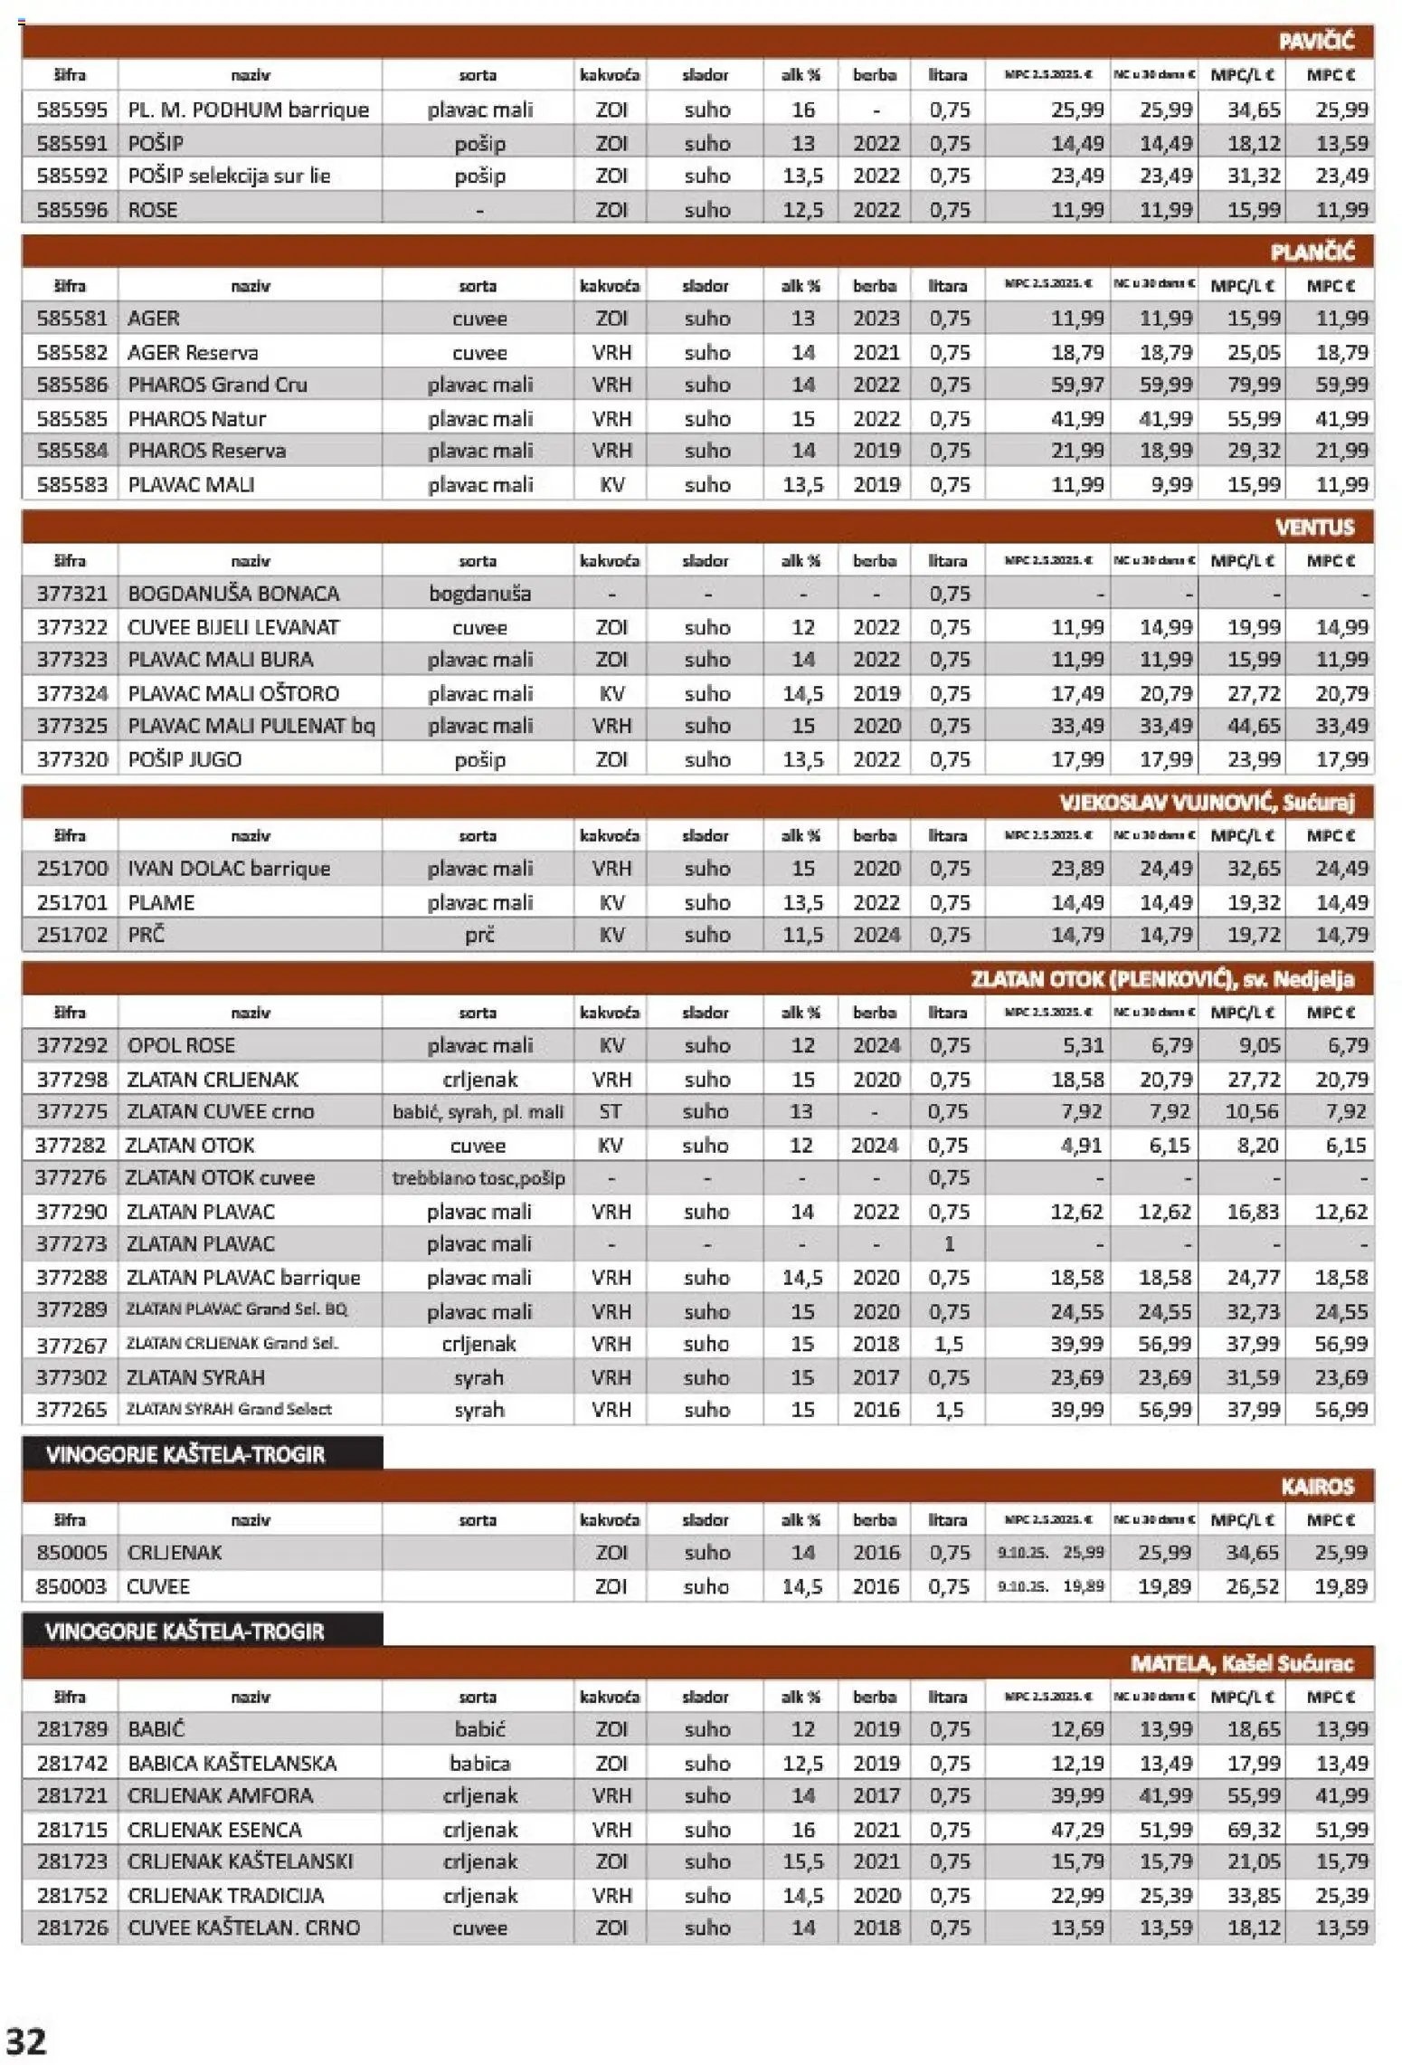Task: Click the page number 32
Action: coord(26,2041)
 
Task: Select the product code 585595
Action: coord(71,110)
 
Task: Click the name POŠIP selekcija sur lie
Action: coord(229,176)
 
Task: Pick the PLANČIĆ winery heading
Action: coord(1312,252)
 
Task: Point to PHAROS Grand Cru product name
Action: coord(217,385)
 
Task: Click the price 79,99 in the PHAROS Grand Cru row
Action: coord(1253,385)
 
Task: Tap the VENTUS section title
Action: coord(1314,528)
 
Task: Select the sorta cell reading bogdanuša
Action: coord(479,595)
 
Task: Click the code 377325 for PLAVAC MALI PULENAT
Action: coord(71,727)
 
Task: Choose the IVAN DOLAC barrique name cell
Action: coord(229,869)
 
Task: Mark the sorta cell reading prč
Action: coord(479,935)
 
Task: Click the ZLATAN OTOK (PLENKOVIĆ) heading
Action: coord(1162,979)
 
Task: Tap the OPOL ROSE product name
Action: coord(181,1046)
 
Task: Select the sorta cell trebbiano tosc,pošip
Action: coord(478,1178)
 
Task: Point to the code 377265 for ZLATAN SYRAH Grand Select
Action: coord(71,1410)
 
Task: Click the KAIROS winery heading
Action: coord(1317,1487)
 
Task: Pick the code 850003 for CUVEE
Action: coord(71,1586)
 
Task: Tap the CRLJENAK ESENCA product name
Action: coord(214,1830)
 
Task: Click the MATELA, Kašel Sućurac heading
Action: coord(1241,1663)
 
